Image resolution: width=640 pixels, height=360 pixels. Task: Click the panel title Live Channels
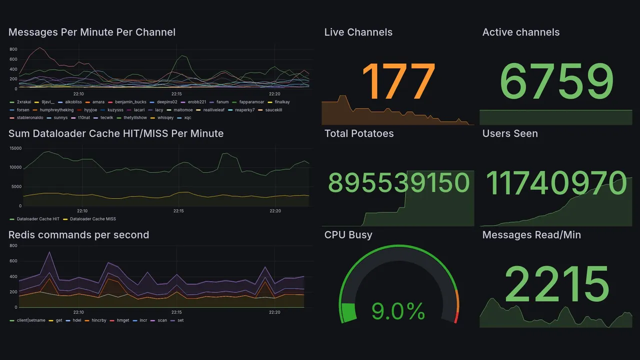tap(358, 32)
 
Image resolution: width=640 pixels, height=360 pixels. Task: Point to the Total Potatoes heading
tap(358, 134)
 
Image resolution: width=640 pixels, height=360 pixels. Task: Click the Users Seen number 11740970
tap(556, 183)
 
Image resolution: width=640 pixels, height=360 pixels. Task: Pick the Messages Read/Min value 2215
tap(556, 284)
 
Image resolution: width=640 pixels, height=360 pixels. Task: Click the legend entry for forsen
tap(22, 110)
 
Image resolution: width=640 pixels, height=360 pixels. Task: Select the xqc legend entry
tap(187, 118)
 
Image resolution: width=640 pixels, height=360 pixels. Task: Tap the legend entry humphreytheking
tap(56, 110)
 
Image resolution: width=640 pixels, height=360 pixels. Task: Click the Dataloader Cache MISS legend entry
tap(92, 219)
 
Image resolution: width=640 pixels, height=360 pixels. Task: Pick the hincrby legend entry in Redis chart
tap(97, 320)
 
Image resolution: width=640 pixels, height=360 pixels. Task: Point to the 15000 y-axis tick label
tap(15, 148)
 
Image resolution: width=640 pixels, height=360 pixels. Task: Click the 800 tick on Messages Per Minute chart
tap(13, 49)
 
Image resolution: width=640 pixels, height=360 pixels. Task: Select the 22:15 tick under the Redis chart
tap(176, 312)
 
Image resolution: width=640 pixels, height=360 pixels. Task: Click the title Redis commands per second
tap(78, 235)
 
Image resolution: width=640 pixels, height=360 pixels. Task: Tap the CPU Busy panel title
tap(348, 235)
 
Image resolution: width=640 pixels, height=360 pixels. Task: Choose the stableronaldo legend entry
tap(30, 118)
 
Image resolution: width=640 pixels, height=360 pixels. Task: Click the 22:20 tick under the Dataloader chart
tap(275, 211)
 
